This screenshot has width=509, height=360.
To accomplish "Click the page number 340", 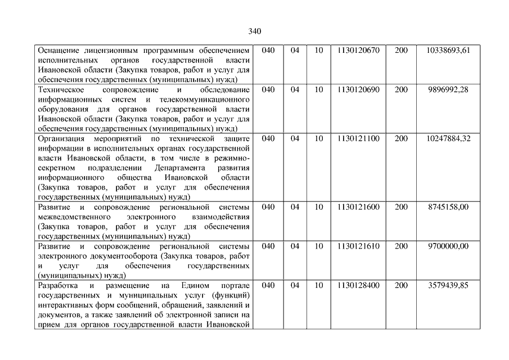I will pos(254,31).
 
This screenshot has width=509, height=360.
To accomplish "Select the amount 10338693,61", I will pos(448,51).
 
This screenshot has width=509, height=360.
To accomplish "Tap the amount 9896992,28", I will pos(448,90).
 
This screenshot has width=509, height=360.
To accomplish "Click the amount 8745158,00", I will pos(448,207).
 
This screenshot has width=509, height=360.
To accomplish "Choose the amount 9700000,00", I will pos(448,246).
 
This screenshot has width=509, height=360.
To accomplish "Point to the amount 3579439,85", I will pos(448,286).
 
